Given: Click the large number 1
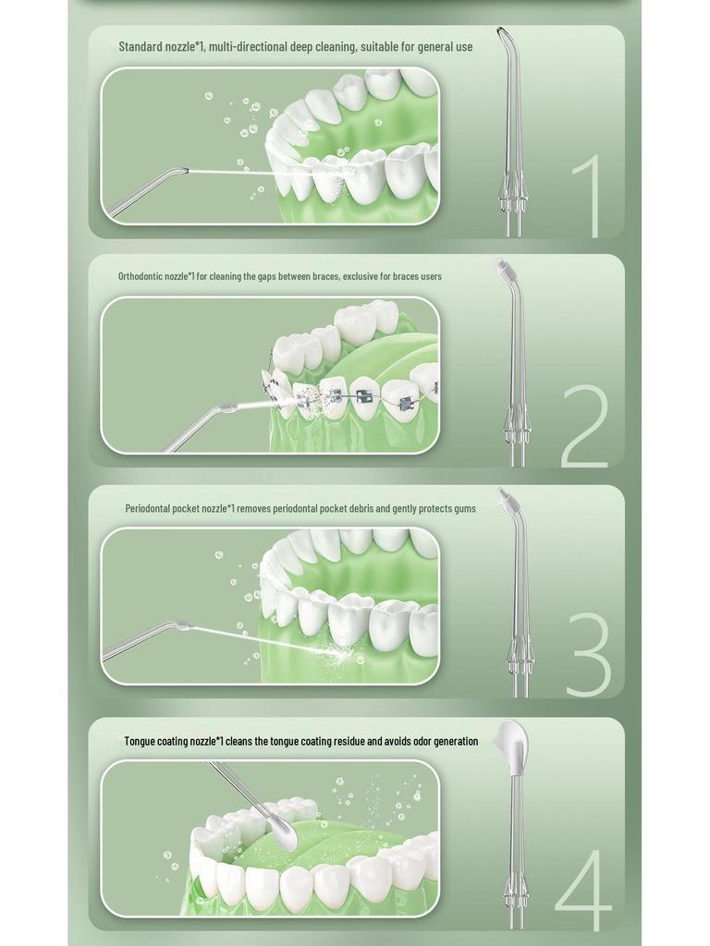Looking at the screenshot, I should [589, 197].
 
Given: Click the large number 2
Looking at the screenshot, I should [584, 426].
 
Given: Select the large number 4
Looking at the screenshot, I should [583, 890].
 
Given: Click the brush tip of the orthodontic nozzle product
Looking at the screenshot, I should [502, 267].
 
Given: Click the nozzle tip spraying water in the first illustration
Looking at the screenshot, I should [183, 170].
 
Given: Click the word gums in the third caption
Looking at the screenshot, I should [464, 508].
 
